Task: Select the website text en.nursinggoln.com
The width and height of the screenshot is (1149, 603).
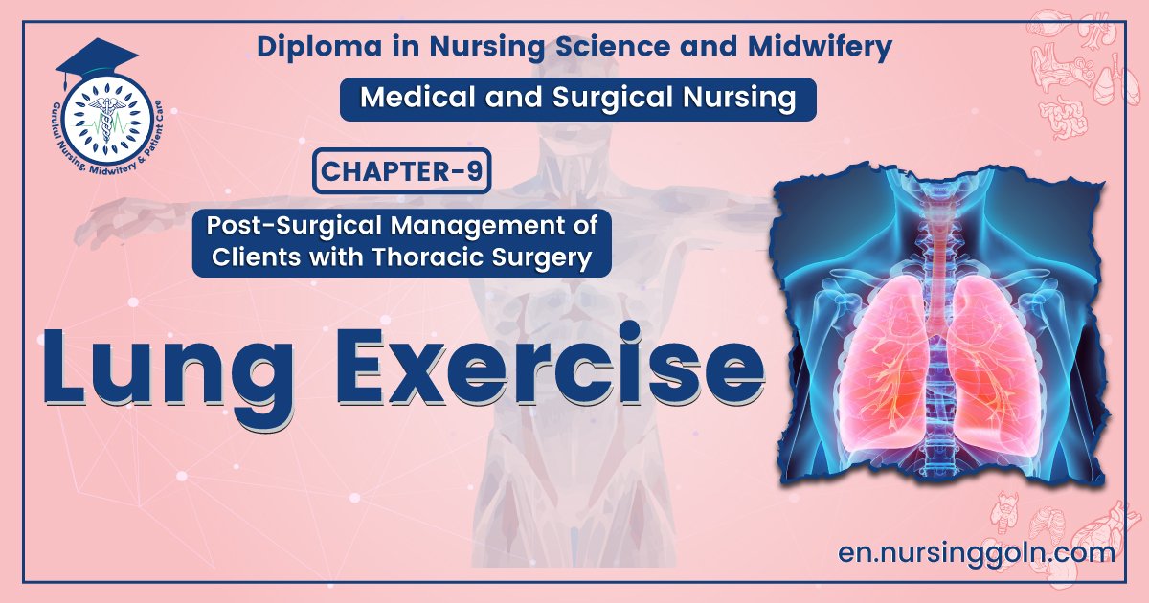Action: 975,552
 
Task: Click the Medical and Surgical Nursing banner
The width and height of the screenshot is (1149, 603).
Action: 577,99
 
